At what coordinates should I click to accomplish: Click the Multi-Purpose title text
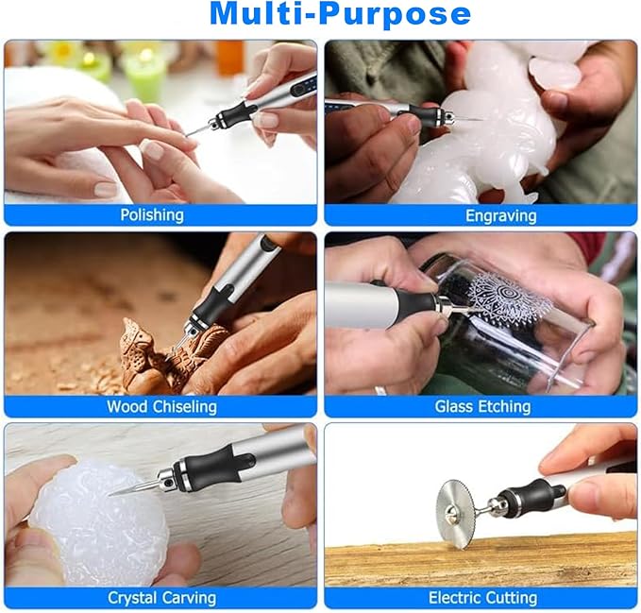coord(339,15)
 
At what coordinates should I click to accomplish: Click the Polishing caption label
coord(152,214)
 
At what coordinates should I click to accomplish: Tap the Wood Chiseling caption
coord(161,406)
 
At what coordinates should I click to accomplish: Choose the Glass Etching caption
coord(482,406)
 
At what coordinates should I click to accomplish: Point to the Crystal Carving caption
coord(161,598)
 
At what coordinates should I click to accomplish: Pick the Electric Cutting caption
coord(482,598)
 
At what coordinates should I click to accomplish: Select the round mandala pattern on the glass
coord(510,300)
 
